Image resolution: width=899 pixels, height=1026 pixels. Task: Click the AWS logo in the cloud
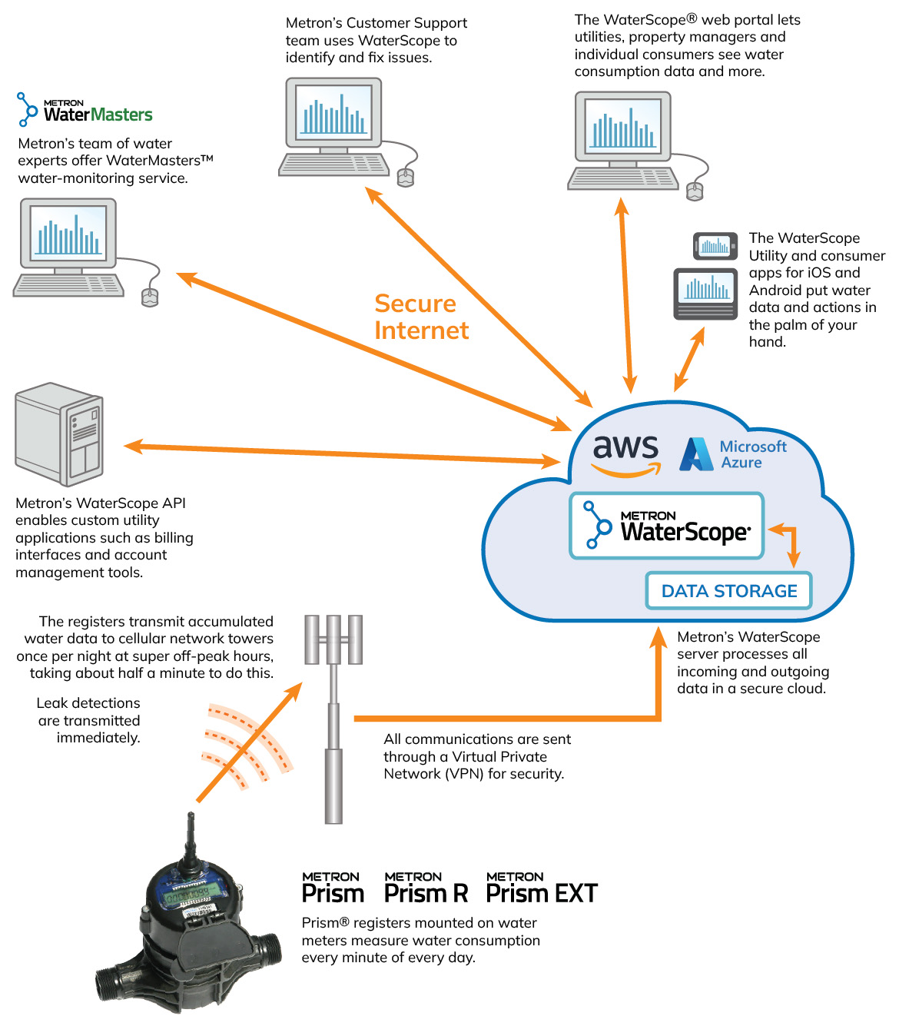(x=626, y=453)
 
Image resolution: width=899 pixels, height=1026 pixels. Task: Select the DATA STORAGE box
(x=728, y=591)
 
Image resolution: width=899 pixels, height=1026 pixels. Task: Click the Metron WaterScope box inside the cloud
(x=666, y=526)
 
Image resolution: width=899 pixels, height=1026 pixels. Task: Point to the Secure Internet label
(x=420, y=317)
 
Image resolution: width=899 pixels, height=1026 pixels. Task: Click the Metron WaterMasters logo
(x=85, y=110)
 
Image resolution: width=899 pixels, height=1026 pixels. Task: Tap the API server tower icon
(x=59, y=434)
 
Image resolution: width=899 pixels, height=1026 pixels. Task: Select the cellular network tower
(x=333, y=715)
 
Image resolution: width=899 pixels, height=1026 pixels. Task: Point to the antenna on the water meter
(x=189, y=838)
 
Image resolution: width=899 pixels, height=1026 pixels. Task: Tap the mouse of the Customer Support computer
(x=405, y=178)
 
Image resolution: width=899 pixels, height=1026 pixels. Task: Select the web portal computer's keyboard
(x=623, y=179)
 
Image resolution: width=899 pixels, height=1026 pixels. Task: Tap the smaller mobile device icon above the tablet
(x=715, y=246)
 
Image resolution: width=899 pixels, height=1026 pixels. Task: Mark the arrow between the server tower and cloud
(x=342, y=453)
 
